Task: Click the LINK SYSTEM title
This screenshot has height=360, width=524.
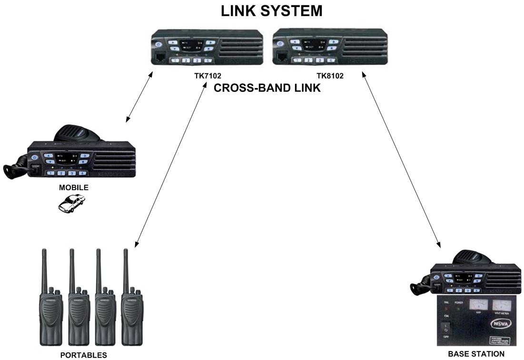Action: point(271,11)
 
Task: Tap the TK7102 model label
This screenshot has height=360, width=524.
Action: point(208,76)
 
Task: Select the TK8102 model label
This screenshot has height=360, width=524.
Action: point(330,76)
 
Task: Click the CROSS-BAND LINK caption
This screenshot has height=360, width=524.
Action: point(267,88)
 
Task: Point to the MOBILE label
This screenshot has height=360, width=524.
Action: point(73,187)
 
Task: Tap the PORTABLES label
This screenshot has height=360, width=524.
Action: point(83,355)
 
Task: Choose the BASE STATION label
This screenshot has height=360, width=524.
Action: point(476,354)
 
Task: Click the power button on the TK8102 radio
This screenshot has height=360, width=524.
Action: point(280,43)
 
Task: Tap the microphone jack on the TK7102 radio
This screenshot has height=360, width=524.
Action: point(158,58)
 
